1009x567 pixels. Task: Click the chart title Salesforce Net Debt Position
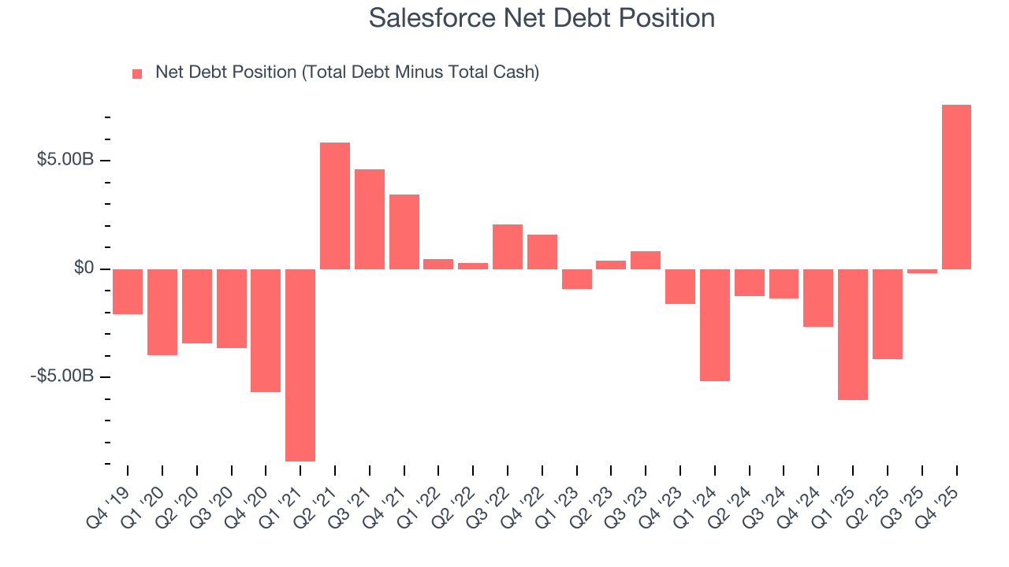pos(542,18)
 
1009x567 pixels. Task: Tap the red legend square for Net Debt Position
pos(137,73)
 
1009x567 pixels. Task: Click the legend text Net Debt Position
pos(347,72)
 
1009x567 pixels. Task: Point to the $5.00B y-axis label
pos(65,160)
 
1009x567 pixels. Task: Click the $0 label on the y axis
pos(84,269)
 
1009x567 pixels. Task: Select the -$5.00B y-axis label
pos(62,376)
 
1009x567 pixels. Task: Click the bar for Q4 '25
pos(956,187)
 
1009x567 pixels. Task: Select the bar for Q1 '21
pos(300,365)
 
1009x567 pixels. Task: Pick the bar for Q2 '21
pos(335,206)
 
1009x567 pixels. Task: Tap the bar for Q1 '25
pos(853,334)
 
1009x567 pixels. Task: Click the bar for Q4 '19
pos(128,291)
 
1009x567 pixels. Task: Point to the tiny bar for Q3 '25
pos(922,271)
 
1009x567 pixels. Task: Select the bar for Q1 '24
pos(715,324)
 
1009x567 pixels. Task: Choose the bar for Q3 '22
pos(508,246)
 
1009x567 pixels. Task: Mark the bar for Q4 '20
pos(266,330)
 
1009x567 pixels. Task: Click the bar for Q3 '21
pos(370,219)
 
